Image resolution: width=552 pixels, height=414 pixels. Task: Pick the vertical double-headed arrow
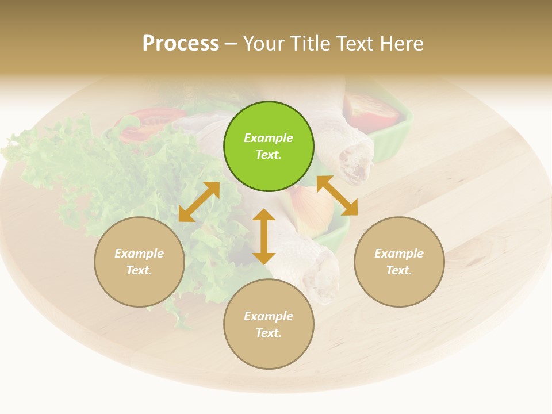264,236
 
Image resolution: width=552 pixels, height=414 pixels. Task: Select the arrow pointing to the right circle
338,195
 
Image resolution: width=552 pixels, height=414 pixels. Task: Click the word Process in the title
181,43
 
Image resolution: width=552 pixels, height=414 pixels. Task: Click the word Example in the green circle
269,138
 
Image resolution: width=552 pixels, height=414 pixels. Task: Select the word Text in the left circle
139,270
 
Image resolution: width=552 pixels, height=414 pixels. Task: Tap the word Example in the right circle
399,254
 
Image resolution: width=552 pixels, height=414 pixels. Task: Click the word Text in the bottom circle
269,333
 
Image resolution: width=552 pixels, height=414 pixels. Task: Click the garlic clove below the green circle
310,210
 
